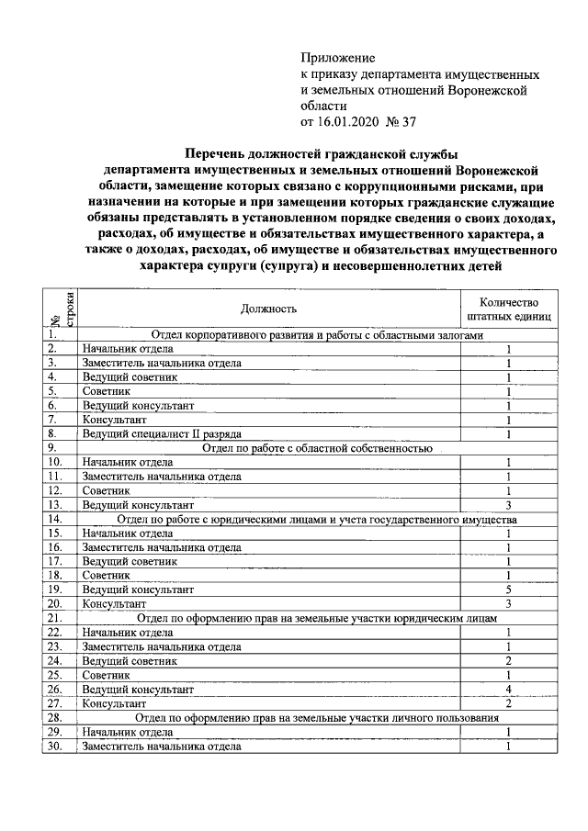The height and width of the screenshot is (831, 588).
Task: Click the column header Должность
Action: pos(268,309)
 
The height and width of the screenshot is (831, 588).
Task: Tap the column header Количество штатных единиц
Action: pos(508,309)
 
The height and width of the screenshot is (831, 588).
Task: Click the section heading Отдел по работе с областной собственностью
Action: pos(316,449)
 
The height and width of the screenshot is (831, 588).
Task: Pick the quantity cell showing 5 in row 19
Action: pos(508,589)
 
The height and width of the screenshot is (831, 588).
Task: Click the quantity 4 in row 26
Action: pos(508,688)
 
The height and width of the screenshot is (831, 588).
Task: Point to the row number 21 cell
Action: pos(55,618)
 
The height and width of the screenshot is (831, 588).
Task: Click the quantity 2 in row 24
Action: pos(508,660)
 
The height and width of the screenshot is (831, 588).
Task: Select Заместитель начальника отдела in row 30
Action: pos(162,746)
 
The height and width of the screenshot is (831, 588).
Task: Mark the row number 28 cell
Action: pos(55,717)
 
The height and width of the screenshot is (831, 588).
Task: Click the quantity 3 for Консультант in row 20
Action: pos(508,603)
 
